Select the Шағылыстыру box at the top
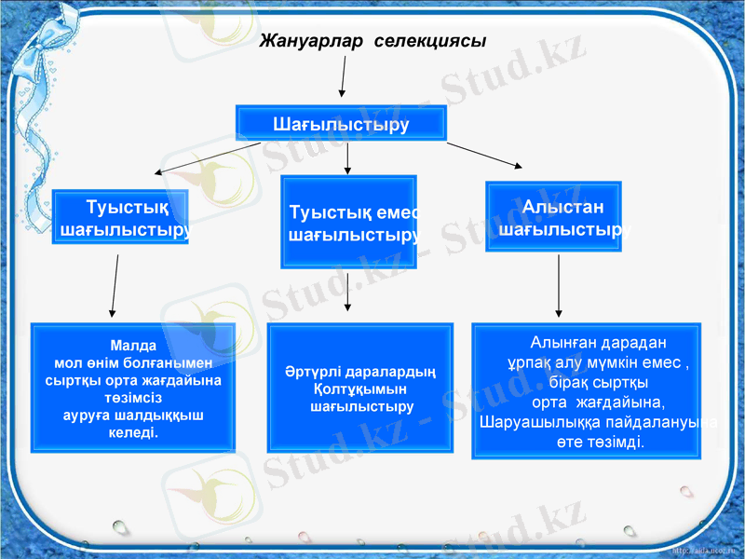(341, 123)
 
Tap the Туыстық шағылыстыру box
(120, 217)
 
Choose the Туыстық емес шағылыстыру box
(348, 223)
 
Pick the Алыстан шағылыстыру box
(553, 217)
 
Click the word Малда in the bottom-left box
(132, 344)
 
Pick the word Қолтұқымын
(360, 389)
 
